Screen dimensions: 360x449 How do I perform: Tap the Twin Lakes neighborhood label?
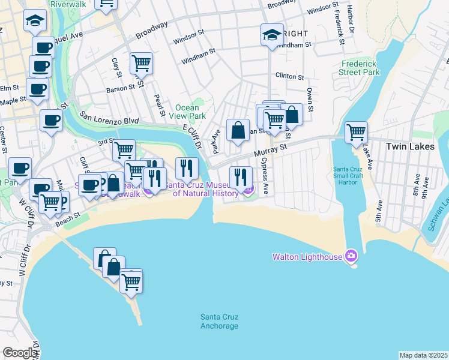click(406, 146)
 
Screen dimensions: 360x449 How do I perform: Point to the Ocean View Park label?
click(186, 112)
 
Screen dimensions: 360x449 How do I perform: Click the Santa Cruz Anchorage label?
click(219, 321)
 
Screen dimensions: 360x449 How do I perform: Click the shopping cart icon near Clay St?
click(141, 62)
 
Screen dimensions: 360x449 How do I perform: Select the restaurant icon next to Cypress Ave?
click(241, 176)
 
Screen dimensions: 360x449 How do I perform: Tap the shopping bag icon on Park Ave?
click(238, 130)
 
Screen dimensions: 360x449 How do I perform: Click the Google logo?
click(19, 353)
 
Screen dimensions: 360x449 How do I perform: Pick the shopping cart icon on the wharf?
click(131, 281)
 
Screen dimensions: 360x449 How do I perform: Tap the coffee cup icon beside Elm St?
click(37, 89)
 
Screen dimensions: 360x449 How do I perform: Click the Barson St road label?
click(121, 88)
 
